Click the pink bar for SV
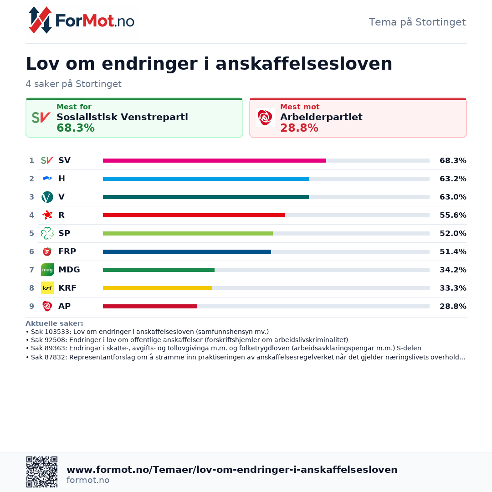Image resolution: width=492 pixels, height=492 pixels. (x=214, y=160)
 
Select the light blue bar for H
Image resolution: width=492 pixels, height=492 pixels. (x=206, y=179)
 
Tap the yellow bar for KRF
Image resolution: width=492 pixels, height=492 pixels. (x=157, y=288)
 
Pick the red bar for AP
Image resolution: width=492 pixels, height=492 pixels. (x=150, y=306)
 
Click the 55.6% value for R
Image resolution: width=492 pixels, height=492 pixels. (x=452, y=215)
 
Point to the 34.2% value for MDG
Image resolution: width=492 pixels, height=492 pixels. (x=452, y=270)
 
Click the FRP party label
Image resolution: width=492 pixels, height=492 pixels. (x=67, y=251)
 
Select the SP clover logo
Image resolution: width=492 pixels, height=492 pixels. (x=47, y=233)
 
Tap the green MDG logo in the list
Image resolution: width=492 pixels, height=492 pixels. (x=47, y=270)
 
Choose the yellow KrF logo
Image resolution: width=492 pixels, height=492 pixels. (x=47, y=288)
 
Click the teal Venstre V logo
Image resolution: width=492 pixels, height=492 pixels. (x=47, y=197)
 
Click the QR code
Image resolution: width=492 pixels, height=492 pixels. (x=42, y=472)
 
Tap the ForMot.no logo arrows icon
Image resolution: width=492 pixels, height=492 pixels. (x=40, y=20)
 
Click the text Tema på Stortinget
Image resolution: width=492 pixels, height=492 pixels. (x=417, y=22)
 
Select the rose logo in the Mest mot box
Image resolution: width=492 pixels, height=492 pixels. (x=265, y=118)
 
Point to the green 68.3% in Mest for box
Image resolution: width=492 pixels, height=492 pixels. (x=76, y=128)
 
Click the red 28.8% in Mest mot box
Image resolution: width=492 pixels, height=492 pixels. (x=299, y=128)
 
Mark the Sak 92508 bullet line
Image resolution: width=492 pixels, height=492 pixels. (x=187, y=340)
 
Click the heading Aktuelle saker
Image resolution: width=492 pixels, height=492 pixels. (x=54, y=323)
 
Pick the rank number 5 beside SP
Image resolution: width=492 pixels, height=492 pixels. (x=31, y=233)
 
